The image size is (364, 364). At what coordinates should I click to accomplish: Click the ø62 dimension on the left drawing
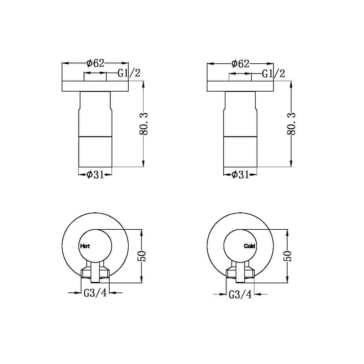pyautogui.click(x=95, y=63)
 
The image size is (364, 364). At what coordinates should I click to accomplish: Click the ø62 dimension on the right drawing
pyautogui.click(x=240, y=63)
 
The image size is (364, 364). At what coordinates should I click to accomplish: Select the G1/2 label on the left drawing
pyautogui.click(x=129, y=73)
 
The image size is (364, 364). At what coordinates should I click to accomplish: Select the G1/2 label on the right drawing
pyautogui.click(x=273, y=74)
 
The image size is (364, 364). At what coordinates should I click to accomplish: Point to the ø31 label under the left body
pyautogui.click(x=95, y=175)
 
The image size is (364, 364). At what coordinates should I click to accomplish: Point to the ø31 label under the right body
pyautogui.click(x=240, y=175)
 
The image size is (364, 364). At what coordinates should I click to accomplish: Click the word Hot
pyautogui.click(x=85, y=246)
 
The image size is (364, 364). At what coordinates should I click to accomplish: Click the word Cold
pyautogui.click(x=249, y=246)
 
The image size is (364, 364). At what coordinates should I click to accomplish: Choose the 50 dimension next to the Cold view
pyautogui.click(x=288, y=256)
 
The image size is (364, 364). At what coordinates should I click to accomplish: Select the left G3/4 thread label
pyautogui.click(x=95, y=292)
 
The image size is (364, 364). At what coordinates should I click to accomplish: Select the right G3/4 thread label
pyautogui.click(x=240, y=294)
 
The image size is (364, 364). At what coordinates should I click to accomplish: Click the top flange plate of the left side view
pyautogui.click(x=95, y=86)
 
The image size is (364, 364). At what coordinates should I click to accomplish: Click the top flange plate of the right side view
pyautogui.click(x=240, y=86)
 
